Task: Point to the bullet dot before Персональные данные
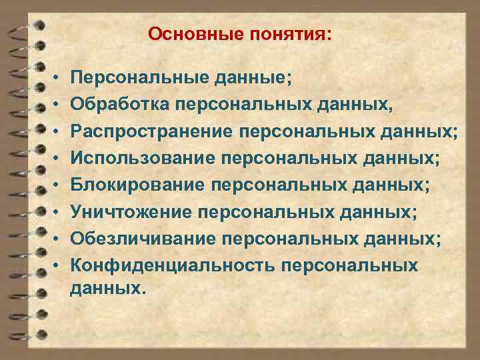(57, 79)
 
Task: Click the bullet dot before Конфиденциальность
(57, 266)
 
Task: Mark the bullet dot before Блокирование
(57, 185)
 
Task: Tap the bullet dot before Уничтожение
(57, 213)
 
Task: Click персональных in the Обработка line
(241, 104)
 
